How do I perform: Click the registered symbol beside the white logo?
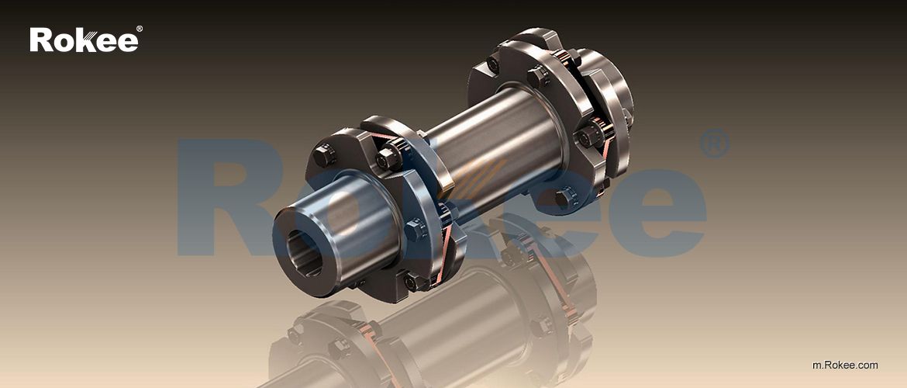pyautogui.click(x=139, y=29)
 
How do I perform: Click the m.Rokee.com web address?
pyautogui.click(x=845, y=365)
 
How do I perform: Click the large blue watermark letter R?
pyautogui.click(x=225, y=198)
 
